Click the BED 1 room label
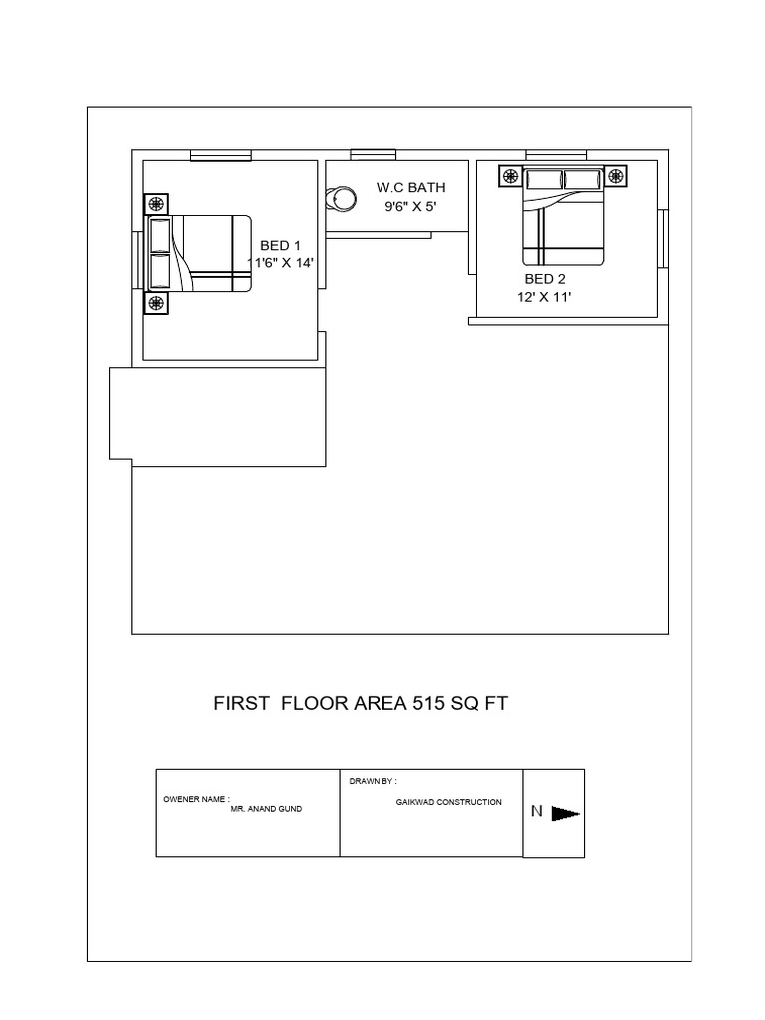280,245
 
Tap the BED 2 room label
545,279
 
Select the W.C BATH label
411,188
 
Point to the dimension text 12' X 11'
544,297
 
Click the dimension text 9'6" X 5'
410,207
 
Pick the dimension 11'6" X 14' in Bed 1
280,263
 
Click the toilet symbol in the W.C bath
341,199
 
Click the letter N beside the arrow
537,811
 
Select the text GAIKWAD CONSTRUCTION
449,802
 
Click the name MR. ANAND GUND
266,809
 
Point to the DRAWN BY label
373,781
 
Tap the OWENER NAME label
196,799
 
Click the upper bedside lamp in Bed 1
156,204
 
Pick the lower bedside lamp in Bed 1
156,303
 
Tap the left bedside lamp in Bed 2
511,176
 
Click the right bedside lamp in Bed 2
616,176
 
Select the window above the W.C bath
374,154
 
